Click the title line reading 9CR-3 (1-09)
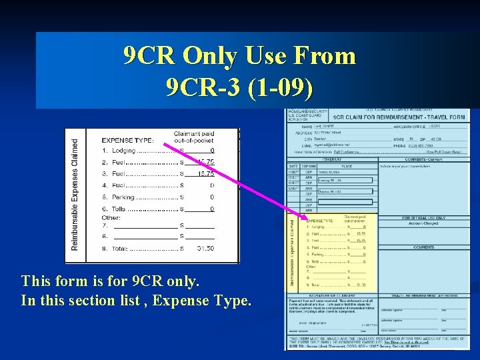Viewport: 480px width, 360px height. (x=239, y=87)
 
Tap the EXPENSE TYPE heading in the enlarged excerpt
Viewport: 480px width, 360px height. (x=127, y=141)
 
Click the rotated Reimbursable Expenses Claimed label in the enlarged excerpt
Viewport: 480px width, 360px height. (x=75, y=195)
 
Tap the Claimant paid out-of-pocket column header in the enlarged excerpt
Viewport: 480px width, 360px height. (x=194, y=137)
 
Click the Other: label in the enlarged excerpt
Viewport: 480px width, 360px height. (x=111, y=218)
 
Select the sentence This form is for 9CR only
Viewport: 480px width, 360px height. (x=110, y=281)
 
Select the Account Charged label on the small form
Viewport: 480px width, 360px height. (x=424, y=224)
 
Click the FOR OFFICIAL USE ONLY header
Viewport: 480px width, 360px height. (x=424, y=218)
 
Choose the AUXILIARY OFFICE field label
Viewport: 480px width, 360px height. (x=408, y=126)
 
